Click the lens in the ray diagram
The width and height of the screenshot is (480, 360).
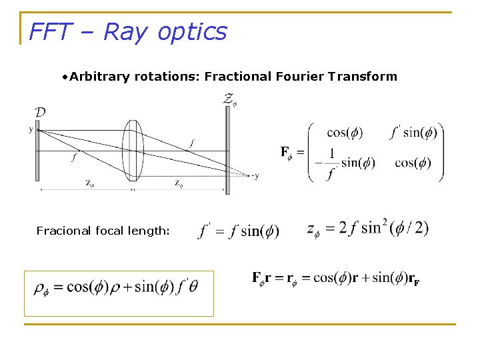tap(133, 151)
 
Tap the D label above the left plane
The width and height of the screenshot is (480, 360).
tap(40, 112)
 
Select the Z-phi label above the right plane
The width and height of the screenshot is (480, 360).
tap(229, 101)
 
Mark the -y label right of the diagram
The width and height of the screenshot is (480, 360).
tap(254, 176)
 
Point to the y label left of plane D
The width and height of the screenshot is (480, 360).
tap(31, 129)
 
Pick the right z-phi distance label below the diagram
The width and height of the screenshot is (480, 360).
tap(179, 183)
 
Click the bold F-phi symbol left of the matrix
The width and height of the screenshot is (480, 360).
tap(286, 153)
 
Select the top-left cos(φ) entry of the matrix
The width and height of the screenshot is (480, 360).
tap(345, 132)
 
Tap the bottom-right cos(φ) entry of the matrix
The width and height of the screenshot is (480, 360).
tap(413, 163)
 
